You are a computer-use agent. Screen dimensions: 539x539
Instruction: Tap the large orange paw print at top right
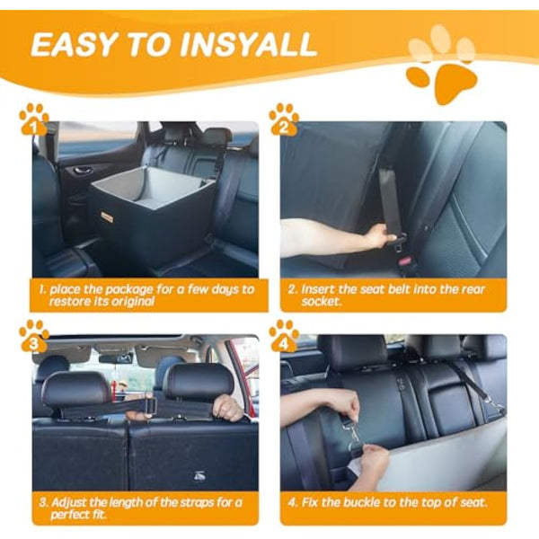point(443,63)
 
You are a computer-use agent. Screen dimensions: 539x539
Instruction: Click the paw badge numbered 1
point(34,120)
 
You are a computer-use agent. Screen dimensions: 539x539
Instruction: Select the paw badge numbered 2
point(284,120)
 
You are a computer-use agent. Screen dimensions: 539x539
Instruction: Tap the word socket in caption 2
point(327,302)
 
